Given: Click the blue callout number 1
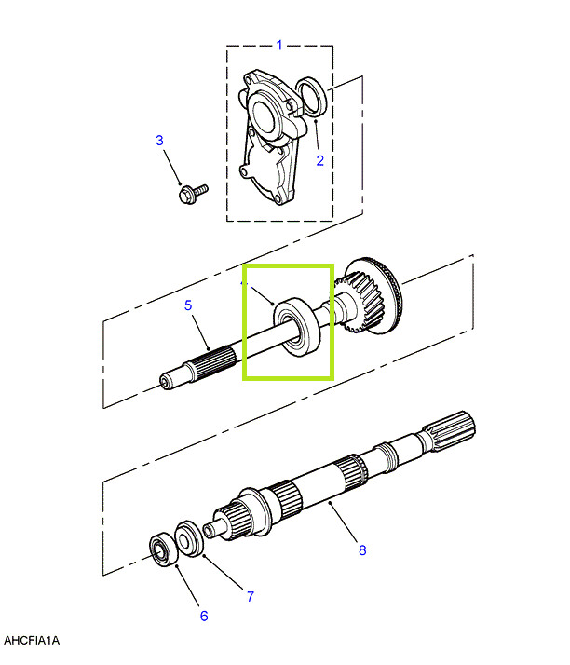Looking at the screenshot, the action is point(279,45).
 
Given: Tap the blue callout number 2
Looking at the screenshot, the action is point(320,160).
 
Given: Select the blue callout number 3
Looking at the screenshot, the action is point(159,141).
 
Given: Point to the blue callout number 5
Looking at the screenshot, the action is point(188,305).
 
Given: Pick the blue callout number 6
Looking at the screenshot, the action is point(204,616).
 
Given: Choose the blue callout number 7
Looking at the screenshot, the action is point(251,597).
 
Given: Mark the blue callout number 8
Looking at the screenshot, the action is point(362,550).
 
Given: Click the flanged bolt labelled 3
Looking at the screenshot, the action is point(193,194).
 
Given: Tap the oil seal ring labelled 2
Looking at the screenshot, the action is point(312,96).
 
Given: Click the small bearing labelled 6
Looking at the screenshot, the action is point(163,550).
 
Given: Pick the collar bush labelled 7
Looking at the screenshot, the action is point(189,538).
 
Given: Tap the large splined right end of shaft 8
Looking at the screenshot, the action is point(451,431).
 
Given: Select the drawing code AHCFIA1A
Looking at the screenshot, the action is point(32,640).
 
